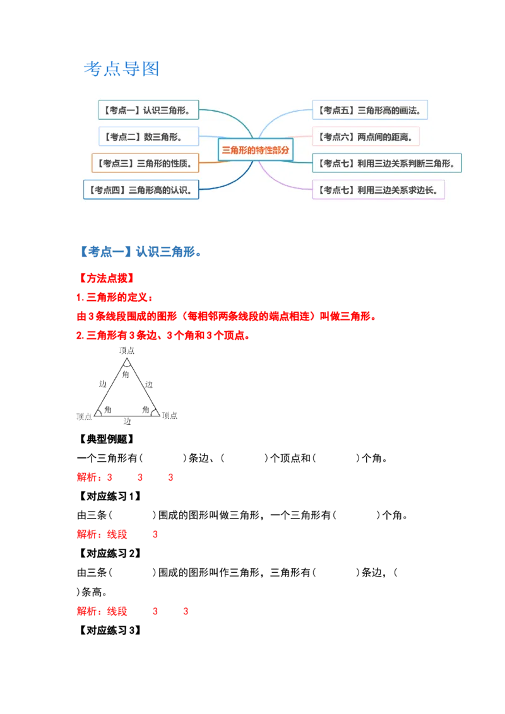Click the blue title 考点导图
[x=121, y=69]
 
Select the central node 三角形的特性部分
[x=256, y=150]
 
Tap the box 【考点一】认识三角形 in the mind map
[x=148, y=110]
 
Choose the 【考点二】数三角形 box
[x=148, y=136]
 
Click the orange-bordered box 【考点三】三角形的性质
[x=145, y=163]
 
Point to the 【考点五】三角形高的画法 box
[x=370, y=110]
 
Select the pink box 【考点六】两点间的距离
[x=366, y=136]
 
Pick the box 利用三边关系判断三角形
[x=386, y=163]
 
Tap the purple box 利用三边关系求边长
[x=378, y=189]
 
